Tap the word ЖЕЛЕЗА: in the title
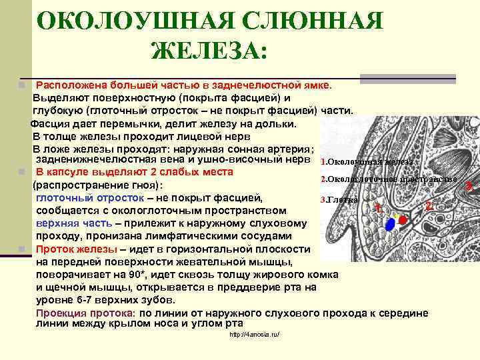coord(209,50)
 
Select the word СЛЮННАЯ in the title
coord(313,21)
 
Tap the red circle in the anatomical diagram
coord(402,219)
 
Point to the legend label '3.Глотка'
coord(339,199)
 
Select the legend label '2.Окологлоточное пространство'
coord(389,179)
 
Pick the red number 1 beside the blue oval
coord(377,207)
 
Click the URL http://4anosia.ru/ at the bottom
coord(254,334)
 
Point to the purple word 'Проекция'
coord(60,313)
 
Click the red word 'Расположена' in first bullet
coord(71,85)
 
